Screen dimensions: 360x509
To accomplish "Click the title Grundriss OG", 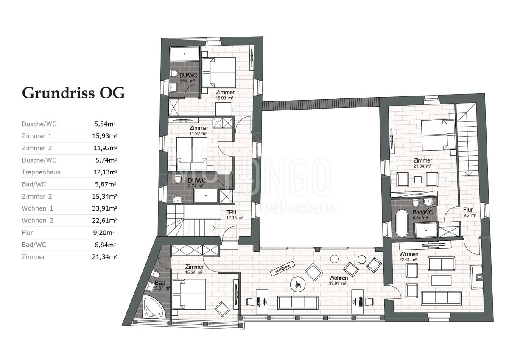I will tap(73, 93).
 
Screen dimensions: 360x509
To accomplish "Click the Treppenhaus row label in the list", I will tap(41, 172).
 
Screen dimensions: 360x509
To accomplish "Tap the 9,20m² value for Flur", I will tap(104, 233).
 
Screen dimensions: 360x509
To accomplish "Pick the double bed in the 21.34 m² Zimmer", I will tap(438, 135).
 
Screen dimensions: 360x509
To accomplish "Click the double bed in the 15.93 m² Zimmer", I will tap(218, 73).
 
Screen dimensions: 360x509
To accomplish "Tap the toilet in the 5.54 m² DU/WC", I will tap(174, 74).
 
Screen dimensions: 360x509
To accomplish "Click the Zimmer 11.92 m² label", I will tap(199, 130).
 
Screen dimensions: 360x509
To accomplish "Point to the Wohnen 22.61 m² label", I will tap(408, 256).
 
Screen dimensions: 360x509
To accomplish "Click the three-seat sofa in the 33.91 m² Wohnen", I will tap(298, 302).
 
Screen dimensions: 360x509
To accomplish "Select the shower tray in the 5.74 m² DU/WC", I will tap(206, 196).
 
